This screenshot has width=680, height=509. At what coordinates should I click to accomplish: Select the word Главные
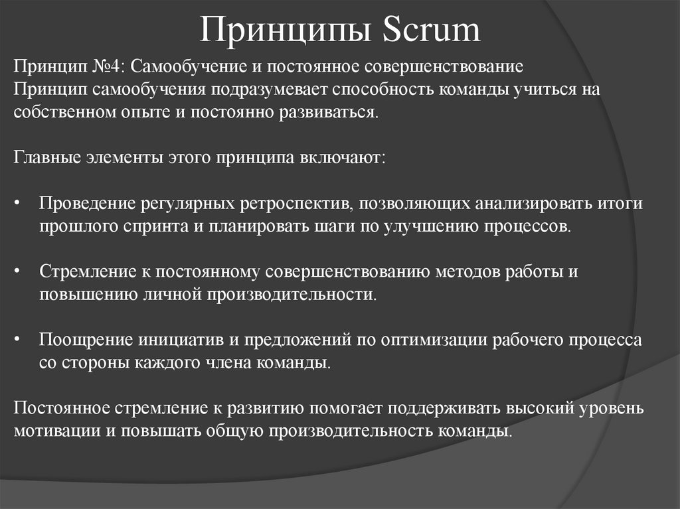click(x=46, y=159)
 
